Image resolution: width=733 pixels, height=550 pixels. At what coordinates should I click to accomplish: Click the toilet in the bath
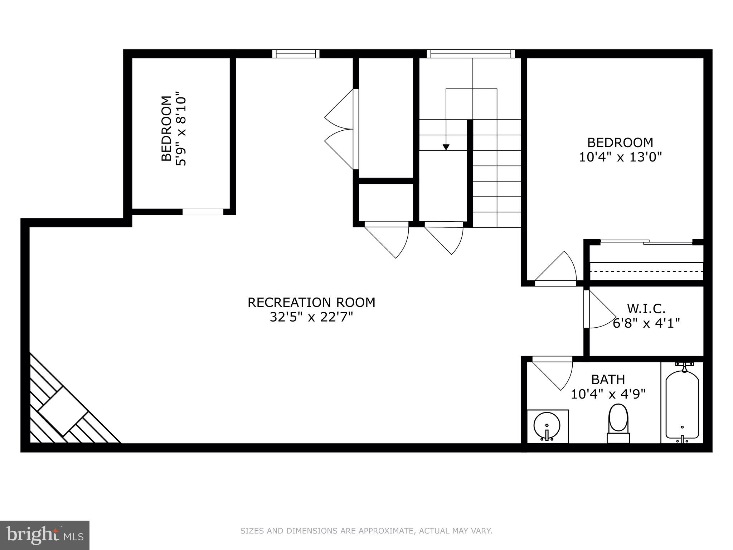coord(618,423)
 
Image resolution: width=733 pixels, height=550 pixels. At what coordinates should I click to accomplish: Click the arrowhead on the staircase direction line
coord(446,147)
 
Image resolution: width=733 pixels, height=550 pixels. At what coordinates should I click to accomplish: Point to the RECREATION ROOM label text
coord(311,303)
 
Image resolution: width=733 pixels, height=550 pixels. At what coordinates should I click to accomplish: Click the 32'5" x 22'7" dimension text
coord(311,317)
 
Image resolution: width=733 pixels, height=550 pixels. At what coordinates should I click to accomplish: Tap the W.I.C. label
coord(646,308)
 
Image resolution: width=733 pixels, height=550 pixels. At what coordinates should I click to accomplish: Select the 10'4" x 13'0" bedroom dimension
coord(620,157)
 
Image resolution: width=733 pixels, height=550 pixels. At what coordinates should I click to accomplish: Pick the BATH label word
coord(608,379)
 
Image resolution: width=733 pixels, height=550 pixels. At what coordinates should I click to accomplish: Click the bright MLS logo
coord(45,535)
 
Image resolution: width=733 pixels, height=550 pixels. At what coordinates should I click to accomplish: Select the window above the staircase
coord(470,54)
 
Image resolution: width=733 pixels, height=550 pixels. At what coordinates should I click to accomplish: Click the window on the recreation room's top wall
coord(296,54)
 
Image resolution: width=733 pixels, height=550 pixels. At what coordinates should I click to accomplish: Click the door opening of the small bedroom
coord(203,212)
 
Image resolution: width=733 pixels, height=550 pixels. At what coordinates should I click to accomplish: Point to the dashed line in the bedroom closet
coord(646,271)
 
